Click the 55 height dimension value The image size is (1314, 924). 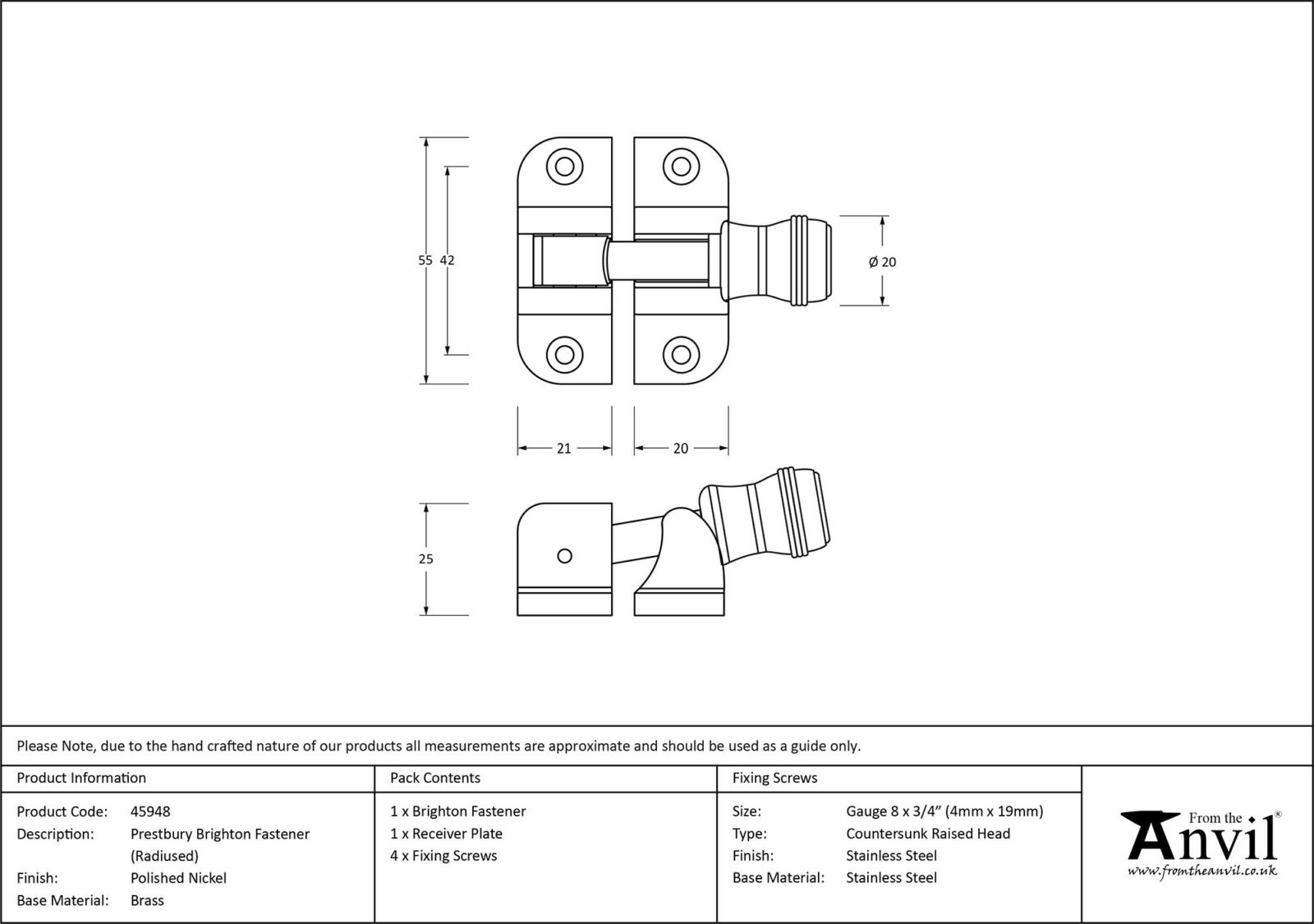tap(425, 260)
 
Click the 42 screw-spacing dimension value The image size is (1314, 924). tap(448, 260)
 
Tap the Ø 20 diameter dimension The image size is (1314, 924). tap(882, 262)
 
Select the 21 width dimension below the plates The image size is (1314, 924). tap(563, 448)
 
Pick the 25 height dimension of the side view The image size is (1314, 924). tap(425, 559)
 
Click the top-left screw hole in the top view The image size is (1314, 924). tap(564, 167)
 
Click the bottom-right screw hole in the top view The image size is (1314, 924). tap(680, 355)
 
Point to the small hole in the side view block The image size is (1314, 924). tap(564, 556)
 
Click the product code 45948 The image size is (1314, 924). tap(150, 811)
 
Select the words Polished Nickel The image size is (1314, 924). tap(178, 878)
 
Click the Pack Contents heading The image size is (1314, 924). tap(435, 778)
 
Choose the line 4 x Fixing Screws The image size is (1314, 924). tap(443, 856)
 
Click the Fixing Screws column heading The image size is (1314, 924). tap(774, 778)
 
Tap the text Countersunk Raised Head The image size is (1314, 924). tap(928, 834)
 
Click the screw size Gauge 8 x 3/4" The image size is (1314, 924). tap(944, 811)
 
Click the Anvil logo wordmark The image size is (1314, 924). tap(1203, 838)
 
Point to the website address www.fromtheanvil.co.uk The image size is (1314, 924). tap(1201, 871)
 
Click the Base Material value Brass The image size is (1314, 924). tap(147, 900)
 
